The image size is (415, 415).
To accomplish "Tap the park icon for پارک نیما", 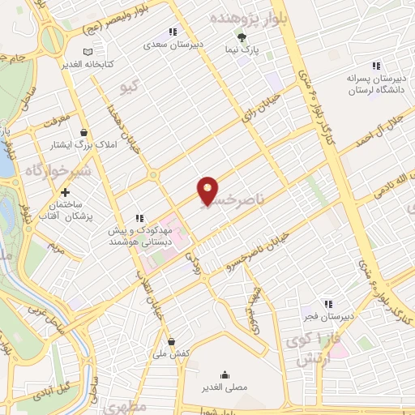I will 240,36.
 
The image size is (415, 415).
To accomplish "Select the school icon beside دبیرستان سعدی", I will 172,33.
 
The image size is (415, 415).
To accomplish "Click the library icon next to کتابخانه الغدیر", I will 64,52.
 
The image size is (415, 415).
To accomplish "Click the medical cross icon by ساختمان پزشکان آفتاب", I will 64,193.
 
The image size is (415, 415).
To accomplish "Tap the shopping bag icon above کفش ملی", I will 171,341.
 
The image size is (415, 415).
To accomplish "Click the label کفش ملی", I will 171,354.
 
